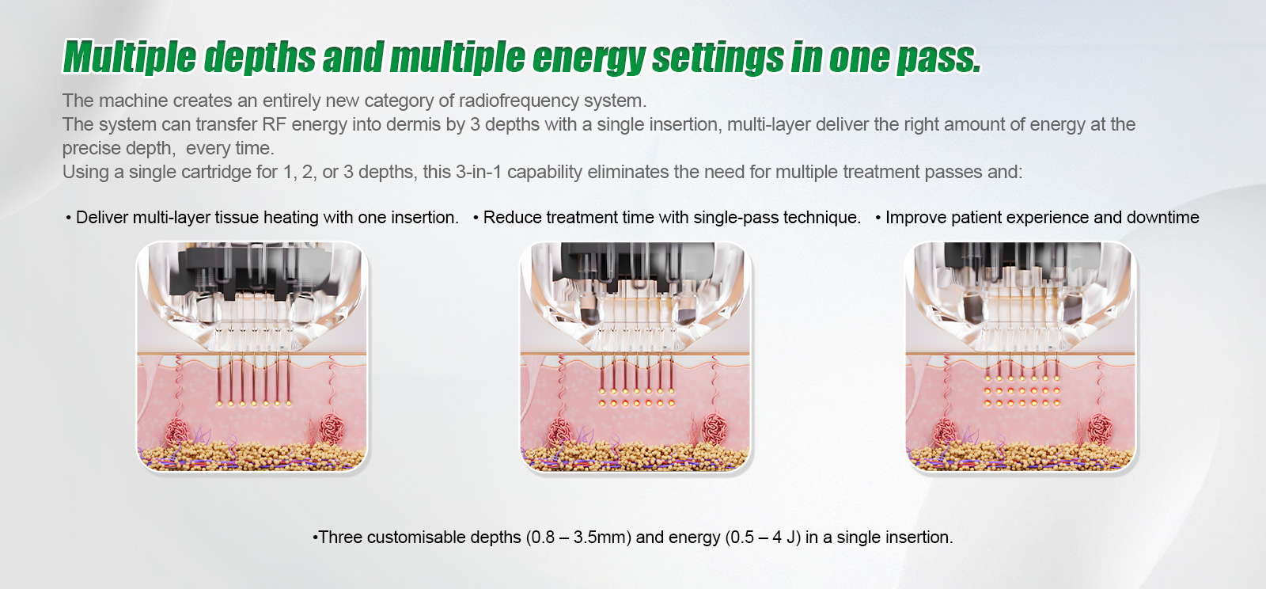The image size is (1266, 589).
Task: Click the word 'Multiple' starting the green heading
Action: (130, 57)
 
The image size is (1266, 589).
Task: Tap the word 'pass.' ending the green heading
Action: (938, 59)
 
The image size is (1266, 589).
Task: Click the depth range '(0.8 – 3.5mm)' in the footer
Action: (578, 537)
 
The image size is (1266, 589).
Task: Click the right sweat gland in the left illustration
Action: (332, 428)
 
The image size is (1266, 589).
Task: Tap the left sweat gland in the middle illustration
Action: (559, 432)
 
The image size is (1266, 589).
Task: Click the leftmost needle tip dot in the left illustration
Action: (219, 404)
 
